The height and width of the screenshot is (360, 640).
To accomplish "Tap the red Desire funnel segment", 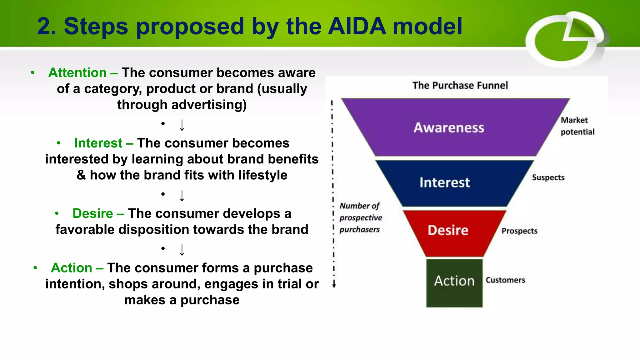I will pyautogui.click(x=448, y=231).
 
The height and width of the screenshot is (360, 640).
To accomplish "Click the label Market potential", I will pyautogui.click(x=577, y=126).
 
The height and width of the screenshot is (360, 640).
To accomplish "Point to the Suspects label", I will pyautogui.click(x=548, y=177).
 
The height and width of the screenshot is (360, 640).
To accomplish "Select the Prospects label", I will pyautogui.click(x=519, y=231).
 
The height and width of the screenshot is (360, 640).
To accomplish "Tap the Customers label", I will pyautogui.click(x=505, y=280).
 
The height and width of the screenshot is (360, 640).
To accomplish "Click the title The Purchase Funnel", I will pyautogui.click(x=460, y=85).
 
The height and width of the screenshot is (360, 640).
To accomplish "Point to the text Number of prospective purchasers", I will pyautogui.click(x=360, y=217).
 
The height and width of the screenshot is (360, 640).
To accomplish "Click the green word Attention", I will pyautogui.click(x=77, y=72).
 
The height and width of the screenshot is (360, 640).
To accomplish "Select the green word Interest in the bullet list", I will pyautogui.click(x=98, y=143).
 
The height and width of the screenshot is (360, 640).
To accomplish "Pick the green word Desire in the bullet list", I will pyautogui.click(x=93, y=213).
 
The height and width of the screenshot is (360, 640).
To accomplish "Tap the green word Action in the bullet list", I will pyautogui.click(x=72, y=268).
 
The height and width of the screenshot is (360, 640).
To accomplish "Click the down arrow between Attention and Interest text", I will pyautogui.click(x=182, y=125).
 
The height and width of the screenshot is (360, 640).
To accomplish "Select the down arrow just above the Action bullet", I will pyautogui.click(x=182, y=250).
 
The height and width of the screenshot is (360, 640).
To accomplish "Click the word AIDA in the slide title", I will pyautogui.click(x=357, y=26).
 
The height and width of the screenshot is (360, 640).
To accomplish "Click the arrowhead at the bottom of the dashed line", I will pyautogui.click(x=334, y=285).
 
